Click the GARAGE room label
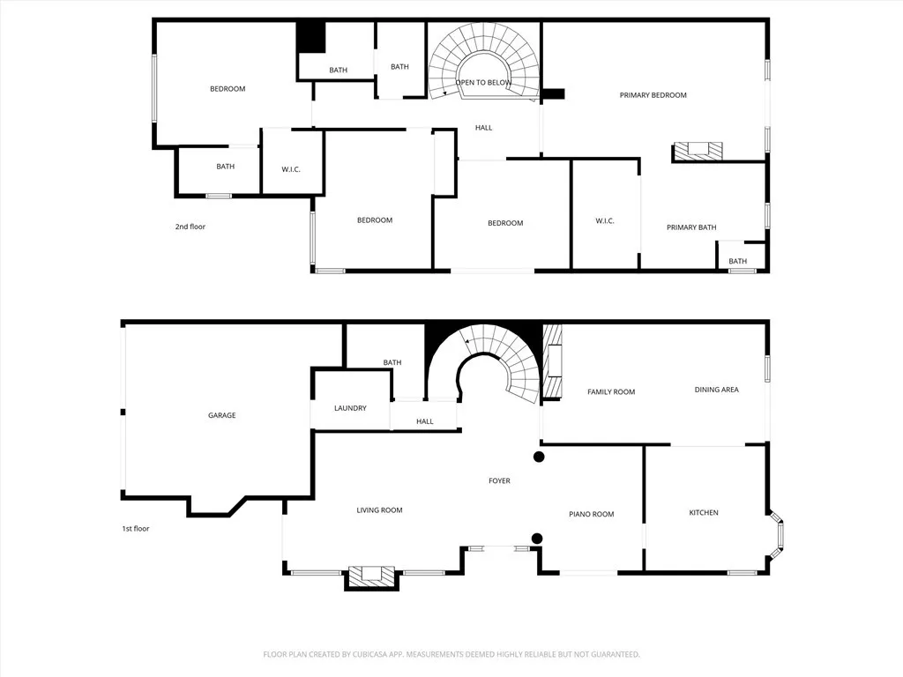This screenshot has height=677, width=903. click(x=221, y=415)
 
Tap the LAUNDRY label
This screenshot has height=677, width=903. click(x=350, y=408)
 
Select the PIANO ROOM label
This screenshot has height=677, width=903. click(x=591, y=514)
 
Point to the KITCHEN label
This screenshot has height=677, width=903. click(x=704, y=512)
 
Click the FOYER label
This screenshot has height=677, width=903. click(x=499, y=480)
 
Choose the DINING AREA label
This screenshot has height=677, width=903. click(x=716, y=390)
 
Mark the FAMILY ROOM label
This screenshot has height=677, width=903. click(x=611, y=391)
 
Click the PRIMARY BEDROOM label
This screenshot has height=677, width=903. click(x=653, y=95)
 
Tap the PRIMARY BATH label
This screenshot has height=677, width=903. click(x=690, y=227)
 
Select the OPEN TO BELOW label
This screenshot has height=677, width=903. click(x=483, y=83)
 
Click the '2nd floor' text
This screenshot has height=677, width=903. click(x=190, y=227)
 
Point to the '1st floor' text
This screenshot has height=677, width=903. click(x=136, y=529)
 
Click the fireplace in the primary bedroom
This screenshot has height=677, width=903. click(x=698, y=152)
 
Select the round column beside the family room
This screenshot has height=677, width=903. click(x=539, y=457)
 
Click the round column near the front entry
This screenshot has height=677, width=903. click(x=536, y=539)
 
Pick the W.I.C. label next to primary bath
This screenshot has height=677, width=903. click(x=605, y=220)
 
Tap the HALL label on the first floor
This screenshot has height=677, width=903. click(x=425, y=421)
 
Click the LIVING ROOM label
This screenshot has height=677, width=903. click(x=379, y=510)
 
